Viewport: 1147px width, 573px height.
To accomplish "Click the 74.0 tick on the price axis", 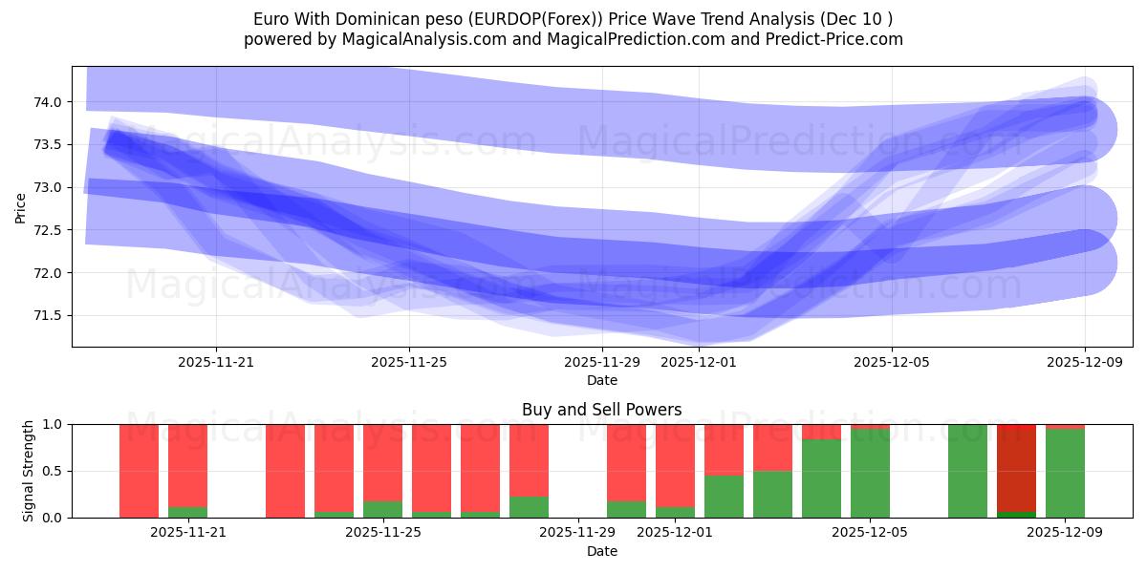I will [49, 102].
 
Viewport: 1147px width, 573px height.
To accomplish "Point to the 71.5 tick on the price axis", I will [49, 316].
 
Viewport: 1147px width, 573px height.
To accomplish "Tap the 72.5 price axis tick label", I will [49, 230].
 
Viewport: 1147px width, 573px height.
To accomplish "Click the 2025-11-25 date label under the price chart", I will [409, 362].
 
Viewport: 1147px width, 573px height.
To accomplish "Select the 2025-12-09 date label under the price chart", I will [1085, 362].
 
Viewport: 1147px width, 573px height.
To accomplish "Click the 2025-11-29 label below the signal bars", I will [578, 533].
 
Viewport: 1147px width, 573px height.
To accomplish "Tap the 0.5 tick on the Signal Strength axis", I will [54, 471].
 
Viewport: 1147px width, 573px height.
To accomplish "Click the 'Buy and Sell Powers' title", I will [602, 410].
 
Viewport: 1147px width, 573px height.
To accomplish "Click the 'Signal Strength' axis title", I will [29, 471].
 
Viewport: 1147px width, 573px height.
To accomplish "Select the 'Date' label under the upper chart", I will [602, 380].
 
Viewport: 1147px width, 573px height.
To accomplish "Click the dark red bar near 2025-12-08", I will [1016, 468].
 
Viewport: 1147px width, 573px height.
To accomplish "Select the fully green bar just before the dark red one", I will [967, 471].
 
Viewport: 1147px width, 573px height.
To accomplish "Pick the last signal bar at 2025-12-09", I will [1065, 473].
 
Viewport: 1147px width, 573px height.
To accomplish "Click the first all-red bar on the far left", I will [139, 471].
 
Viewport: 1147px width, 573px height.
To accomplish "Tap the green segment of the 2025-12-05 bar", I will [870, 475].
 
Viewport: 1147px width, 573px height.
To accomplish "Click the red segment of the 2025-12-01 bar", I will [675, 463].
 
